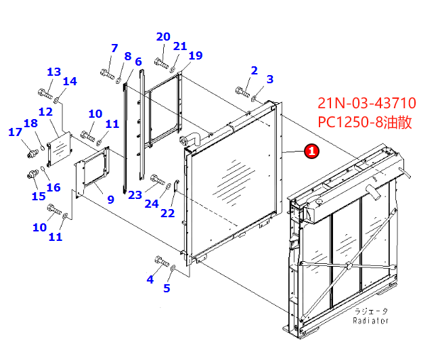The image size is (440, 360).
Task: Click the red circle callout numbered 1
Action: point(311,151)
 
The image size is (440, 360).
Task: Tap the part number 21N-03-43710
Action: point(367,103)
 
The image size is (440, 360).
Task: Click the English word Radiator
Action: point(370,321)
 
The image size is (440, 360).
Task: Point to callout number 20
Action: point(163,37)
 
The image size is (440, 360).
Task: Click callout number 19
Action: point(196,55)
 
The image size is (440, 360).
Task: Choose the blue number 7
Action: point(114,48)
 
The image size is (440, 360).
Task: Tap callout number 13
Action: point(54,72)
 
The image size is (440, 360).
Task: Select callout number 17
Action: point(15,132)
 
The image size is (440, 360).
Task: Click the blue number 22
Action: point(167,213)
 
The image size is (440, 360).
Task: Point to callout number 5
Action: point(167,288)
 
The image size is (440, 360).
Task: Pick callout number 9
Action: point(111,200)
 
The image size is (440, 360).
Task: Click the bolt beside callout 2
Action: point(242,91)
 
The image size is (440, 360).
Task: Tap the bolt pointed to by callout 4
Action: point(162,261)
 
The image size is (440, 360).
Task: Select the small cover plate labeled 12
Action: point(60,150)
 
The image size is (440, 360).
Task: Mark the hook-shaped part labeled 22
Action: point(175,186)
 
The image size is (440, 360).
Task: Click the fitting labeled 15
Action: point(33,174)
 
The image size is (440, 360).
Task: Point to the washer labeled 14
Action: point(56,99)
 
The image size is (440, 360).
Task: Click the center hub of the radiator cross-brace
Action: point(348,265)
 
